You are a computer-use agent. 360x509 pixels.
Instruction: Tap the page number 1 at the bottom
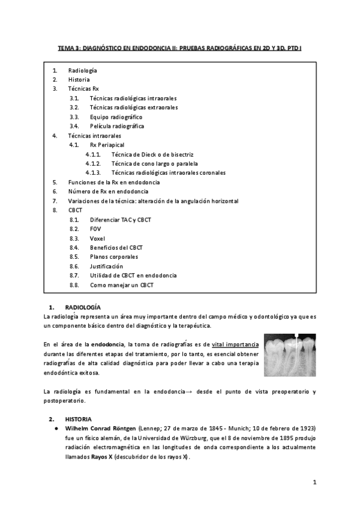[x=314, y=482]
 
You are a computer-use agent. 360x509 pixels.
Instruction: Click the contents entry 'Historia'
[x=79, y=79]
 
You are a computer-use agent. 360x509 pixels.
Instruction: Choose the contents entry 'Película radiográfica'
[x=116, y=126]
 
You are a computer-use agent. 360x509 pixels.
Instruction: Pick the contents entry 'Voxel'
[x=97, y=238]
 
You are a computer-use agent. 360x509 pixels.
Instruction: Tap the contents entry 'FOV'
[x=96, y=229]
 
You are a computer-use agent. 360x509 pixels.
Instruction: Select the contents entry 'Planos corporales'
[x=113, y=257]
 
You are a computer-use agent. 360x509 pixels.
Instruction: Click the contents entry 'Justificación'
[x=106, y=266]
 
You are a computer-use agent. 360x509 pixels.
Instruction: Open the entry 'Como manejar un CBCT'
[x=121, y=285]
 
